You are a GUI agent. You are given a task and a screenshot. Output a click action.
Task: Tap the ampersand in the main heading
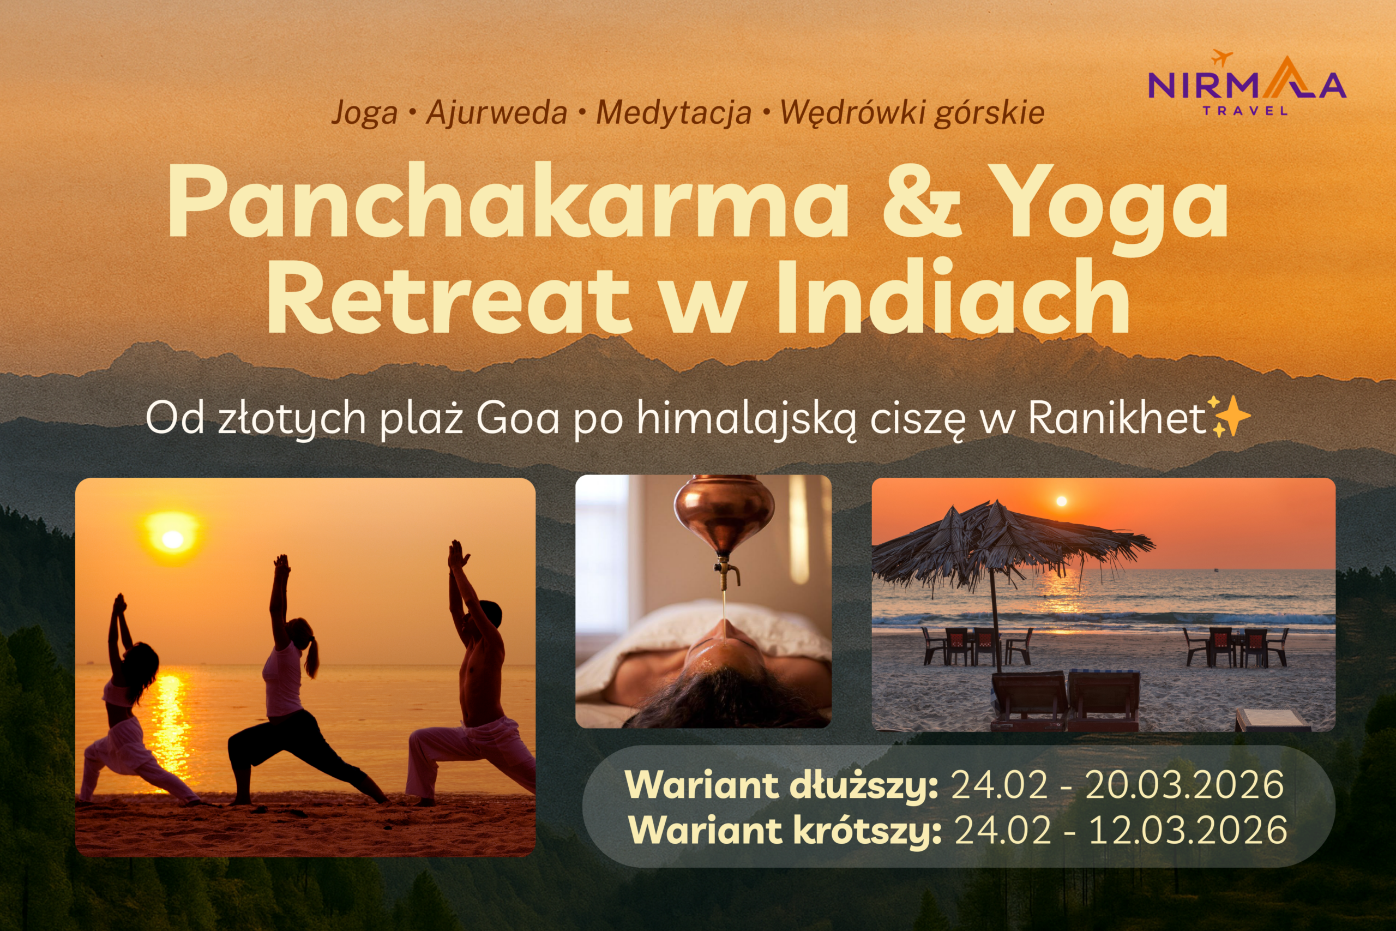[x=922, y=201]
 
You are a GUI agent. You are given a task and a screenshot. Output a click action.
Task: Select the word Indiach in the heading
[x=953, y=296]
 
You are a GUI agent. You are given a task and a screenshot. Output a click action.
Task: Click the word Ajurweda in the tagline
[x=496, y=112]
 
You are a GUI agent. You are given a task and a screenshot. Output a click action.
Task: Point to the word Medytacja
[x=673, y=113]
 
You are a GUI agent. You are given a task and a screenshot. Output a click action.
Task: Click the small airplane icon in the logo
[x=1222, y=58]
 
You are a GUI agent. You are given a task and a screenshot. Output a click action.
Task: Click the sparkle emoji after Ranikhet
[x=1230, y=416]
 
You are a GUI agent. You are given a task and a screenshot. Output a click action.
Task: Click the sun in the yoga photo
[x=173, y=538]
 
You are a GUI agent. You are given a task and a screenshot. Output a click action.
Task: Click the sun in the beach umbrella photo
[x=1062, y=501]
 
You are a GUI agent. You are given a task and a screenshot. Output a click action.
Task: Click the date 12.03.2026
[x=1188, y=830]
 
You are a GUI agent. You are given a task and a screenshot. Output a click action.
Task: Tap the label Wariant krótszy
[x=785, y=830]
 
